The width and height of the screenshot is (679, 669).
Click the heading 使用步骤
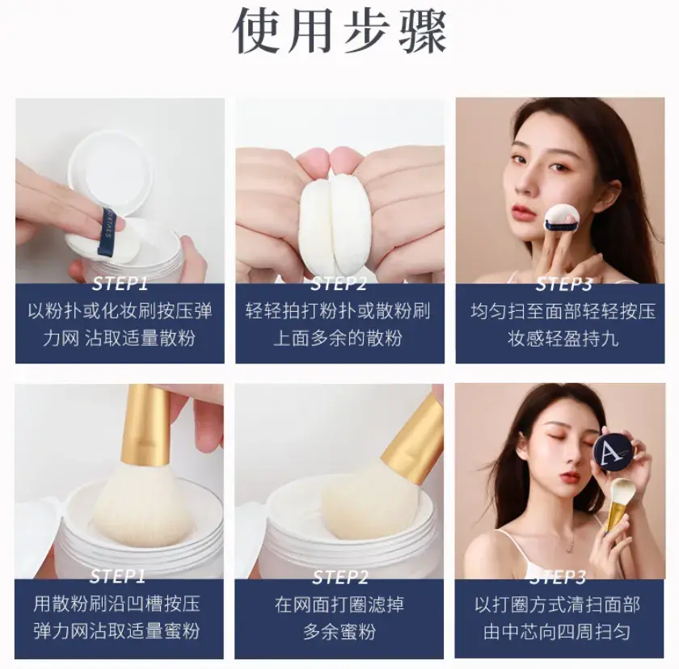point(339,32)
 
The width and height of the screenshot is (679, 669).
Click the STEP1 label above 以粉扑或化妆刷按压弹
point(120,284)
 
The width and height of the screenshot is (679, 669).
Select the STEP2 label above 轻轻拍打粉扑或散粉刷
point(339,284)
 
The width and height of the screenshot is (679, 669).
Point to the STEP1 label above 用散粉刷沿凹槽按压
point(118,576)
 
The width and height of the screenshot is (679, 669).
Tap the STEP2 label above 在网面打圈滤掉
point(340,577)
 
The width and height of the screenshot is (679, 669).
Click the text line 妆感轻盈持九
point(563,339)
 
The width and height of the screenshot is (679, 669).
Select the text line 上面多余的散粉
point(338,339)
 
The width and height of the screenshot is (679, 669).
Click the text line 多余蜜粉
point(339,631)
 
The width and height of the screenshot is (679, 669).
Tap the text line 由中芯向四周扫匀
point(557,632)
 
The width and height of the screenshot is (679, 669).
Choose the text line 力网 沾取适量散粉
point(119,339)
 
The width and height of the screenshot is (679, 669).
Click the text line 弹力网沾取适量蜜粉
point(116,631)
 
